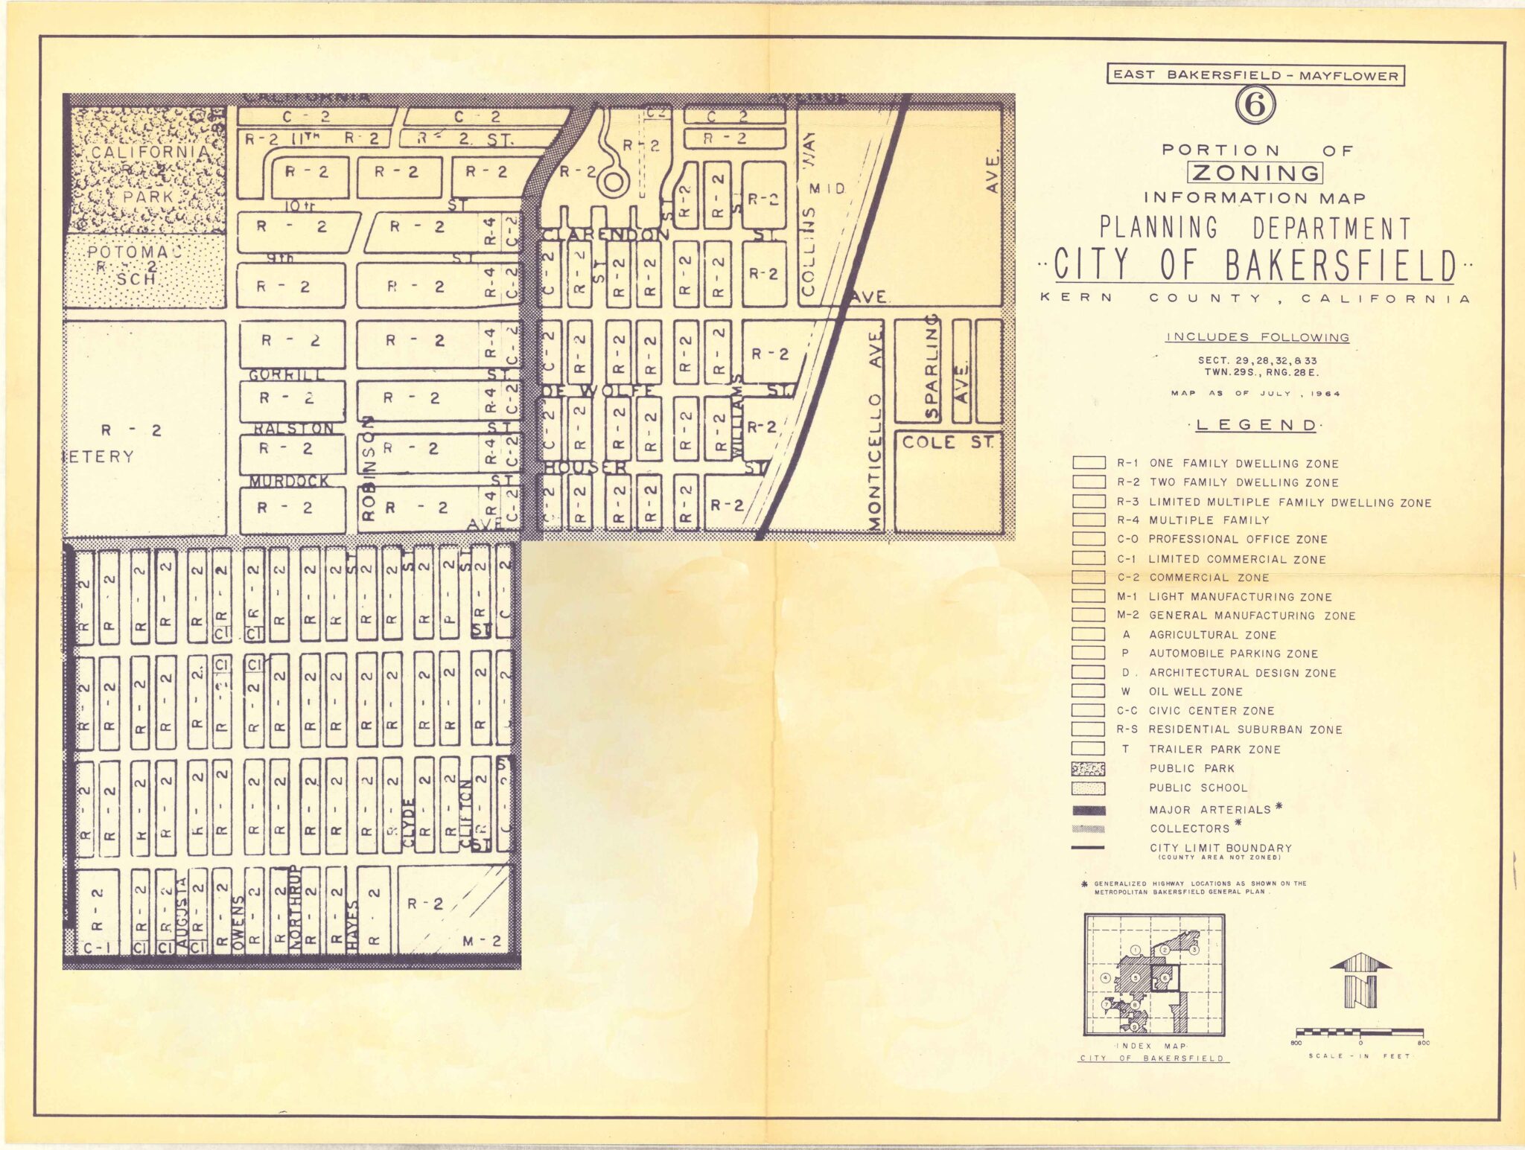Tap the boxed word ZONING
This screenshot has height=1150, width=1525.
[x=1255, y=173]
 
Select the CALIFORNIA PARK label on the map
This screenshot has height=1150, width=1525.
[x=149, y=174]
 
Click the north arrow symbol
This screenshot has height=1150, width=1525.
[x=1360, y=981]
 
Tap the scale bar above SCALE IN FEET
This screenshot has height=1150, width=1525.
[x=1360, y=1033]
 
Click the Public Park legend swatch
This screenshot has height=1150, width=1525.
[x=1088, y=769]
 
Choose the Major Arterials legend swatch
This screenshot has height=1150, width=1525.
[x=1088, y=811]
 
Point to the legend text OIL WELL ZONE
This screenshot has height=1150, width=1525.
[x=1195, y=691]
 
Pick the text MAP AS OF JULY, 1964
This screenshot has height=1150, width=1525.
[x=1255, y=393]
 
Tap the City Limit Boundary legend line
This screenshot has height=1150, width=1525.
[x=1088, y=848]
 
